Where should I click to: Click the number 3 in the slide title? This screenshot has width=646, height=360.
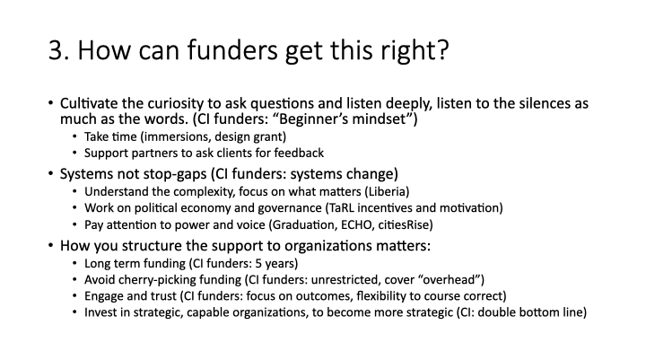(56, 50)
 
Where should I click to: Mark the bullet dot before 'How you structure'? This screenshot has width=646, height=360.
(50, 245)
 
